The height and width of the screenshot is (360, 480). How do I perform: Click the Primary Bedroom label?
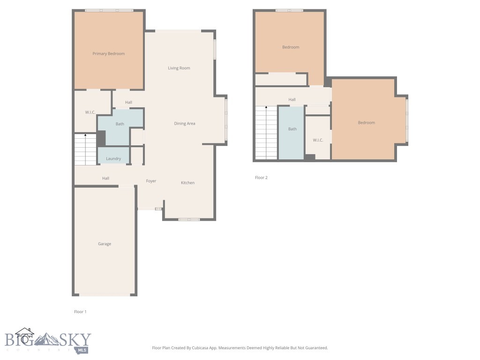pos(108,54)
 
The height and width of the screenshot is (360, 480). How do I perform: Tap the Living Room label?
pos(179,68)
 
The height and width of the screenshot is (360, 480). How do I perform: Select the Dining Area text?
pos(185,124)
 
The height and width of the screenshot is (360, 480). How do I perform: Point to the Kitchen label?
pos(187,183)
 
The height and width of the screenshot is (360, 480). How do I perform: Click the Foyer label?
pos(151,181)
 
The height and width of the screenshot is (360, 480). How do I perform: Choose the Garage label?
pos(105,244)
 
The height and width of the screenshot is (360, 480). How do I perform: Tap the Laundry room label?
pos(113,159)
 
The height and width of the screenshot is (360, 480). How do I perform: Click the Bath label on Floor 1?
pos(120,124)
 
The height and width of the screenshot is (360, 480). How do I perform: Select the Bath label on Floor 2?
pos(292,129)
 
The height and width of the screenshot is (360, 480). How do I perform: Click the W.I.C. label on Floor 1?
pos(90,112)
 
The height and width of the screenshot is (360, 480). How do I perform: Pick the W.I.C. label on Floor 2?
pos(318,140)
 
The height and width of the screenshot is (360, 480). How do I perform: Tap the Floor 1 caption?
pos(80,312)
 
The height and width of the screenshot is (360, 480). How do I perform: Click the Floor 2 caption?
pos(261,178)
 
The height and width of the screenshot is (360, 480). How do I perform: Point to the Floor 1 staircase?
pos(85,149)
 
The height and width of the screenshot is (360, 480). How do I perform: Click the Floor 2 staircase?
pos(266,133)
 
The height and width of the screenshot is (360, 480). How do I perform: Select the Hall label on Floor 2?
pos(292,100)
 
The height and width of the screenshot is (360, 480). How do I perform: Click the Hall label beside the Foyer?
pos(106,178)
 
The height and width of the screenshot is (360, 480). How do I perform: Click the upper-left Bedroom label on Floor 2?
pos(291,47)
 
